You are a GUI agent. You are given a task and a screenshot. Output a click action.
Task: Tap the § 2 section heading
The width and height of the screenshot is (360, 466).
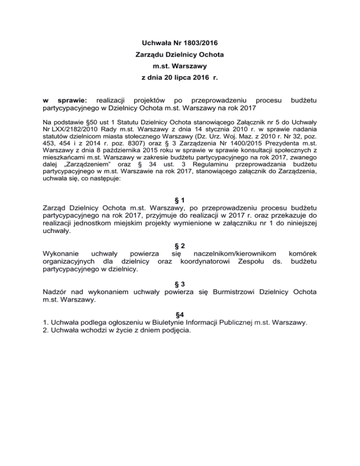coord(180,246)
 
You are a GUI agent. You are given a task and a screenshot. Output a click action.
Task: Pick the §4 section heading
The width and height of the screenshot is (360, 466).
coord(180,314)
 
